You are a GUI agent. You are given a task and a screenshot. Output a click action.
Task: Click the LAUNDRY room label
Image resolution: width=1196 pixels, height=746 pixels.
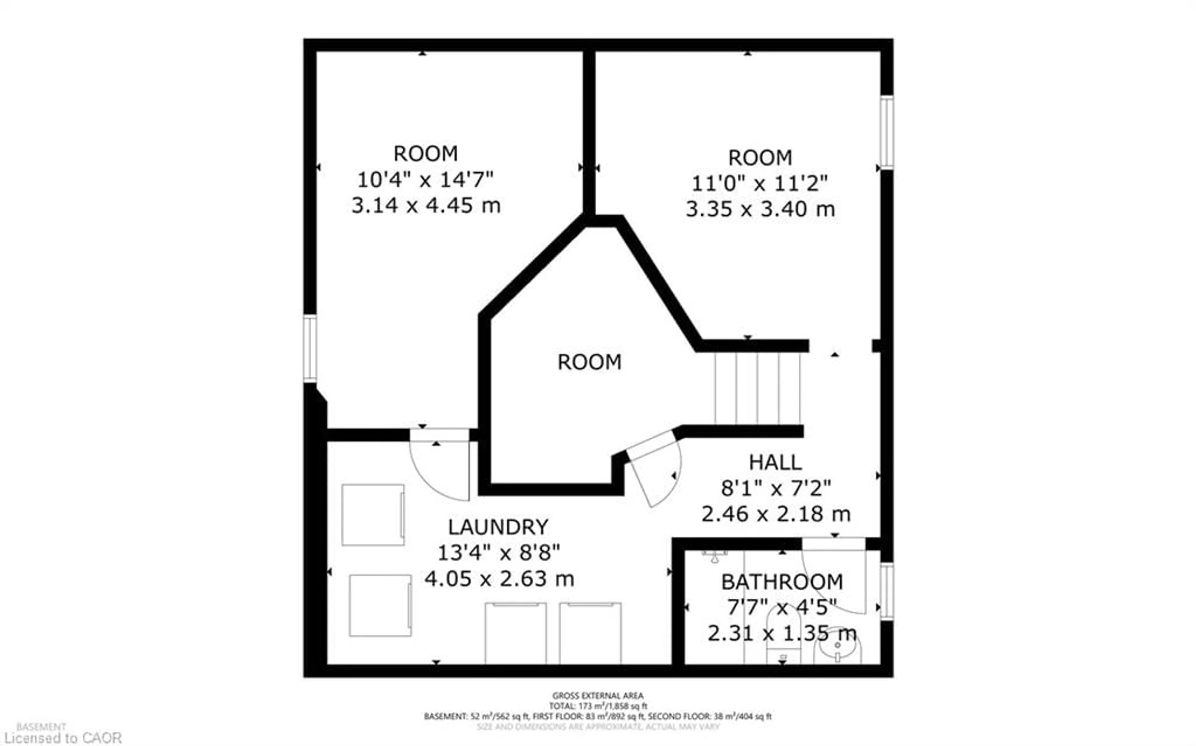[498, 527]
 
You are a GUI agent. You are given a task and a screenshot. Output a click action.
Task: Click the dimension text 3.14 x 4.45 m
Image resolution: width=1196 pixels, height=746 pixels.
[426, 205]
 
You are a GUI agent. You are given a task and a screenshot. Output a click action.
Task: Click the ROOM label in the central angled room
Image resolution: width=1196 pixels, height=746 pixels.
[589, 362]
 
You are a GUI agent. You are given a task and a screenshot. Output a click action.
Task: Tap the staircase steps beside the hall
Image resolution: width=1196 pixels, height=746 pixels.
[757, 388]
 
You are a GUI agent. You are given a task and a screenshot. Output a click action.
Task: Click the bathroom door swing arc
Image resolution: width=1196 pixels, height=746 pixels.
[834, 577]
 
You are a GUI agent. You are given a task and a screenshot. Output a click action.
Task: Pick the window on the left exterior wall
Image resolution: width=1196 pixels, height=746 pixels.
[310, 349]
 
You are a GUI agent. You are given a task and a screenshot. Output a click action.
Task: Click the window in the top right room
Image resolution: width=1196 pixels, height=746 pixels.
[887, 132]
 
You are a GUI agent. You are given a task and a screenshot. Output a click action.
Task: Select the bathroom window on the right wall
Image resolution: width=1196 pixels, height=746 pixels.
[887, 591]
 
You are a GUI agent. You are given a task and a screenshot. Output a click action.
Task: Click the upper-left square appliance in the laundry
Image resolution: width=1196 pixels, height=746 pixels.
[373, 515]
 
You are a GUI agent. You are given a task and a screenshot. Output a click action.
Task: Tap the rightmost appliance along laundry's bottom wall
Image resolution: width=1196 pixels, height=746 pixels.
[590, 633]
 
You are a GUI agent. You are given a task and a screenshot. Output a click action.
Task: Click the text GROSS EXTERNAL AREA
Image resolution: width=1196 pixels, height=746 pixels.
[597, 696]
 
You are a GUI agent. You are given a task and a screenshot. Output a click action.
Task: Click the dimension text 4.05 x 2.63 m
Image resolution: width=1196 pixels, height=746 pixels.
[499, 579]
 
